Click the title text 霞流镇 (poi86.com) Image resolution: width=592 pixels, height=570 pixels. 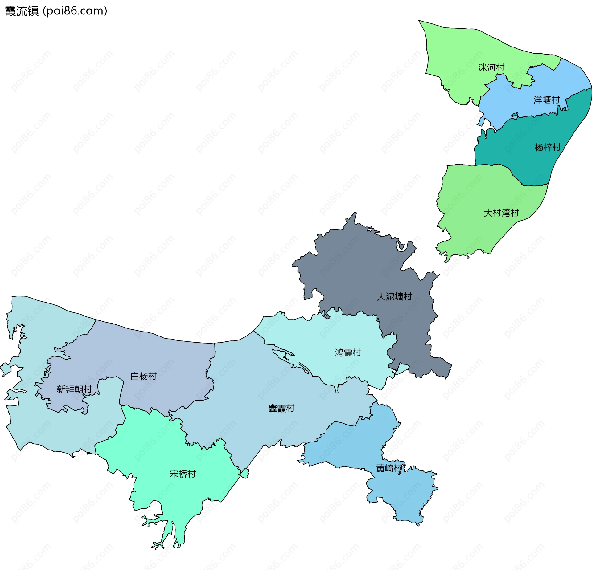click(x=56, y=11)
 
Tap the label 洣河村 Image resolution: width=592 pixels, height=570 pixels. click(x=491, y=67)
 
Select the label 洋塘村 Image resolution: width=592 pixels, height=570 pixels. click(x=546, y=100)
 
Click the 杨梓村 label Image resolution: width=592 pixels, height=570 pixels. click(x=547, y=147)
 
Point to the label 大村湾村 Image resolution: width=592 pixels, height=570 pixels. click(x=501, y=213)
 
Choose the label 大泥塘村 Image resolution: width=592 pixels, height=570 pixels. click(x=394, y=297)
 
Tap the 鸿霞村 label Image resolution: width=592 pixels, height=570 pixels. click(x=348, y=352)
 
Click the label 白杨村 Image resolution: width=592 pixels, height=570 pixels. click(x=143, y=376)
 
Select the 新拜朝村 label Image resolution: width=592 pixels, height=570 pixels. click(x=74, y=389)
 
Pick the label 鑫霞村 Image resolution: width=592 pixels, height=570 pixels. click(x=281, y=408)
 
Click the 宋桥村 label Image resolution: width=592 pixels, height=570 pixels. click(x=183, y=474)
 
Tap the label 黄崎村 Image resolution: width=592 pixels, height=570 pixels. click(x=389, y=468)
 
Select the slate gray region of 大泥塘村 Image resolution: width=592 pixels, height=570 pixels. click(x=355, y=271)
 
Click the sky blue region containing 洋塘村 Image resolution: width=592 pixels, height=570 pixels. click(x=518, y=102)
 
